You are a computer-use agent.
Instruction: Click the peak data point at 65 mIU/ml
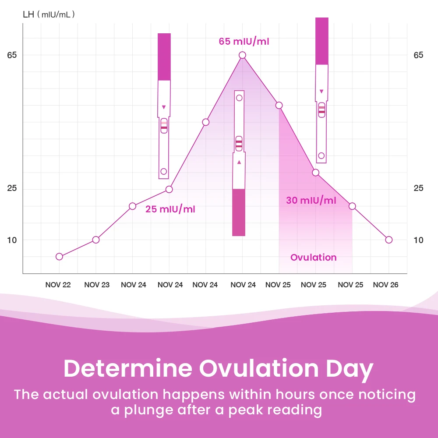coord(242,55)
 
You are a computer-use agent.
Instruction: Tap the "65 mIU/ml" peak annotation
coord(244,42)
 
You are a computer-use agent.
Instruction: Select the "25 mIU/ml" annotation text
coord(170,209)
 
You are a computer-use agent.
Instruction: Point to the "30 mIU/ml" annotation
coord(311,201)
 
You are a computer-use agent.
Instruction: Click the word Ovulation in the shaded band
coord(314,258)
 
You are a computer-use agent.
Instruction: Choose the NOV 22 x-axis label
coord(58,285)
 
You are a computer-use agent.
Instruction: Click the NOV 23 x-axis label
coord(97,285)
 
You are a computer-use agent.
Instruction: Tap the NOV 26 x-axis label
coord(385,285)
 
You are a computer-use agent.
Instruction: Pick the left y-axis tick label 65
coord(12,55)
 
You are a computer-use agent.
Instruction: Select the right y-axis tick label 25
coord(419,188)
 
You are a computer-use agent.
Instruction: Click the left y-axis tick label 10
coord(12,240)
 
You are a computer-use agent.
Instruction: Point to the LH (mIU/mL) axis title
coord(49,14)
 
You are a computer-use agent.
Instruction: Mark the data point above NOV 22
coord(60,256)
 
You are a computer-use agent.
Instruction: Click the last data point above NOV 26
coord(389,240)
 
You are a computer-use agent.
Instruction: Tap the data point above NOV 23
coord(96,240)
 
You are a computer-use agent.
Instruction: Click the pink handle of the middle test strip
coord(239,212)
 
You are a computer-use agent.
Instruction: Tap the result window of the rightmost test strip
coord(321,109)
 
